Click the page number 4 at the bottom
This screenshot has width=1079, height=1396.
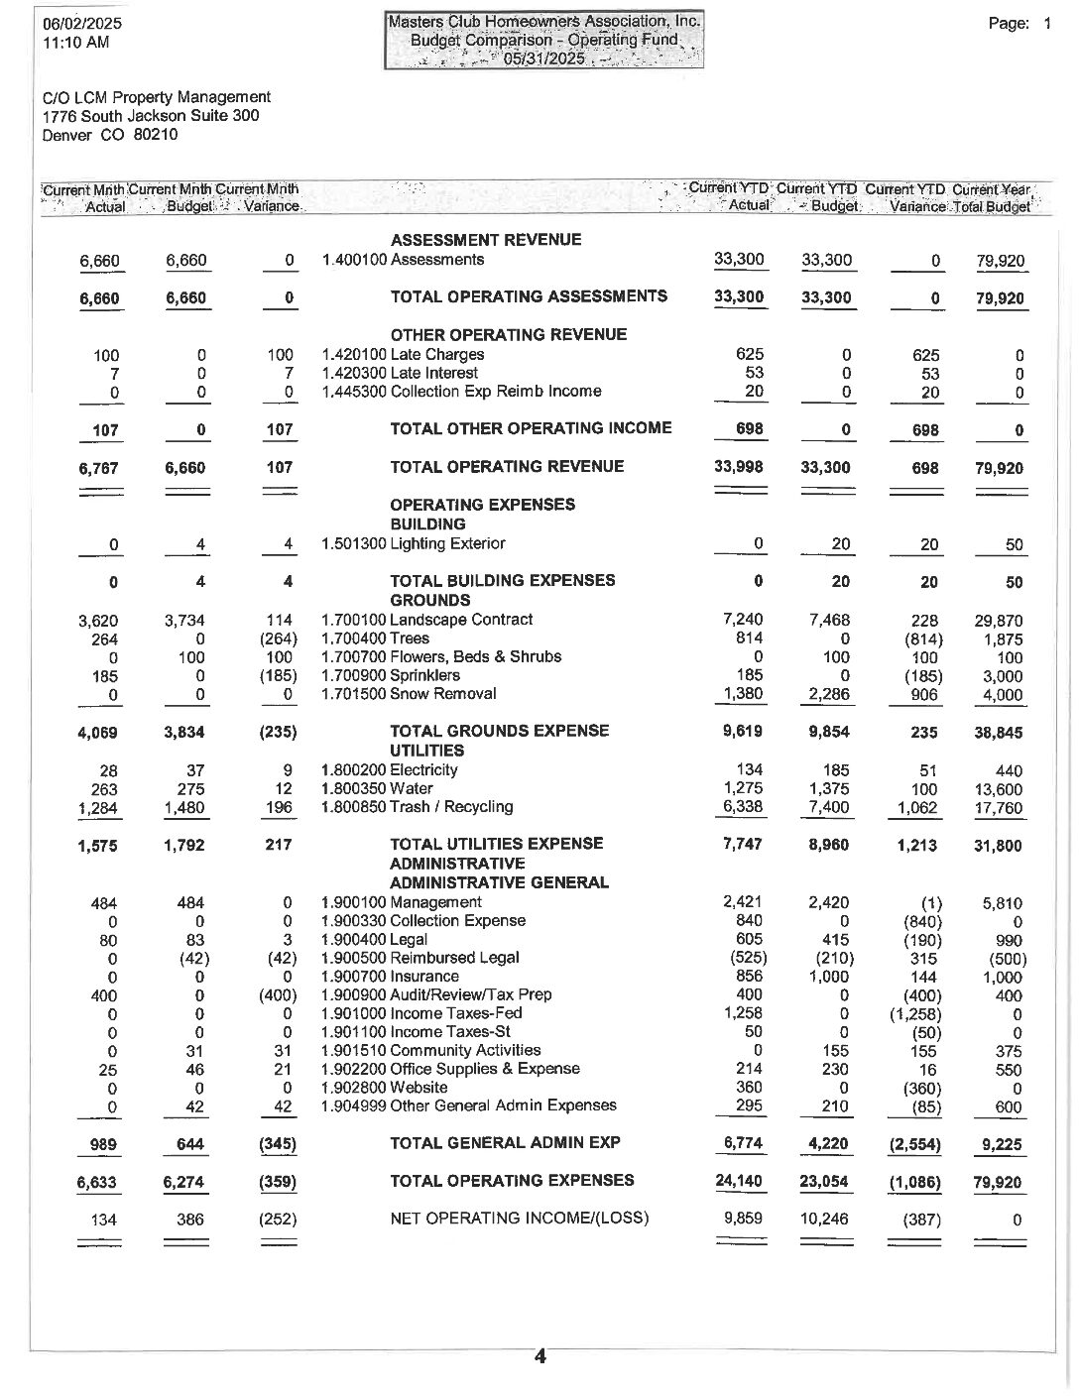[x=540, y=1357]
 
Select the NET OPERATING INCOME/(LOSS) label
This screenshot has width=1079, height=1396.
[x=520, y=1218]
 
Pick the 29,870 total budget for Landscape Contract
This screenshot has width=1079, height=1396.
[x=999, y=622]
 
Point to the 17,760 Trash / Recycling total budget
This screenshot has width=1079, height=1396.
[x=999, y=808]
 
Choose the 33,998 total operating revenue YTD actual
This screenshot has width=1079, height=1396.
[x=739, y=467]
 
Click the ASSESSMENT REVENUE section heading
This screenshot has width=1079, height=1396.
[x=486, y=240]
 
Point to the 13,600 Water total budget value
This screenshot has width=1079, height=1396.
[x=999, y=790]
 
